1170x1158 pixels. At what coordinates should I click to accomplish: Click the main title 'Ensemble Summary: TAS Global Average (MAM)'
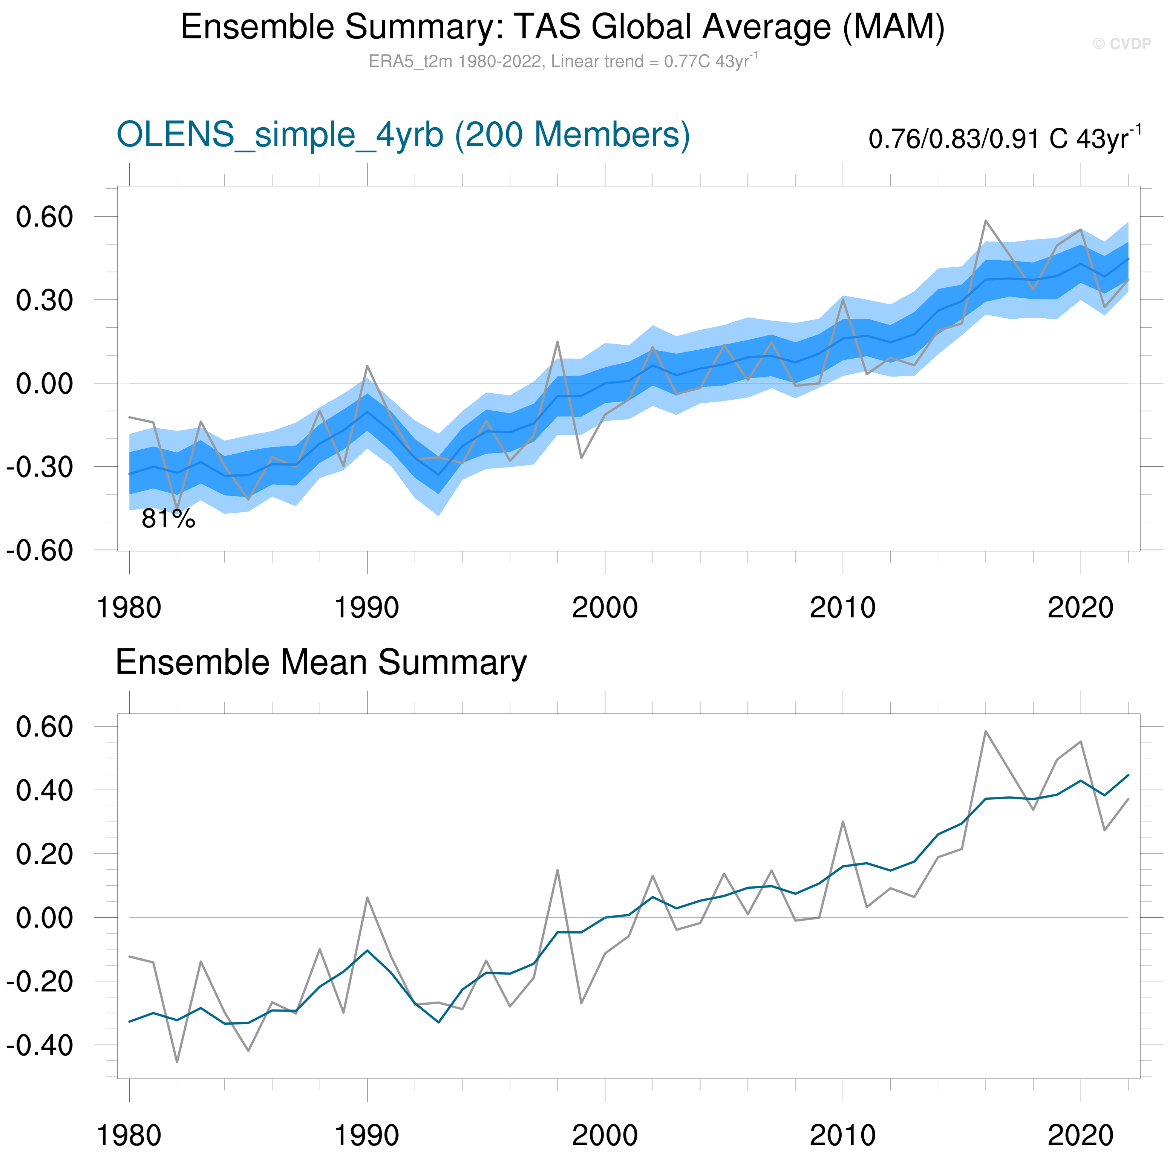click(x=563, y=27)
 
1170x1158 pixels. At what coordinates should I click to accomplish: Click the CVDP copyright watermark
click(x=1121, y=44)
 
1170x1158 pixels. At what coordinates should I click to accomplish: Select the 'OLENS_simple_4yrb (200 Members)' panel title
click(x=403, y=134)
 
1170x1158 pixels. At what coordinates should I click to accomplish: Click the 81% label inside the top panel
click(x=168, y=519)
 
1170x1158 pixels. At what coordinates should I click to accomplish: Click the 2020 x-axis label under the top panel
click(x=1080, y=608)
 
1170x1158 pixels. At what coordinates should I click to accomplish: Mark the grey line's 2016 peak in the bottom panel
click(x=985, y=731)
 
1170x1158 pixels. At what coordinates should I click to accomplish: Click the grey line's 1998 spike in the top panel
click(x=557, y=342)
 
